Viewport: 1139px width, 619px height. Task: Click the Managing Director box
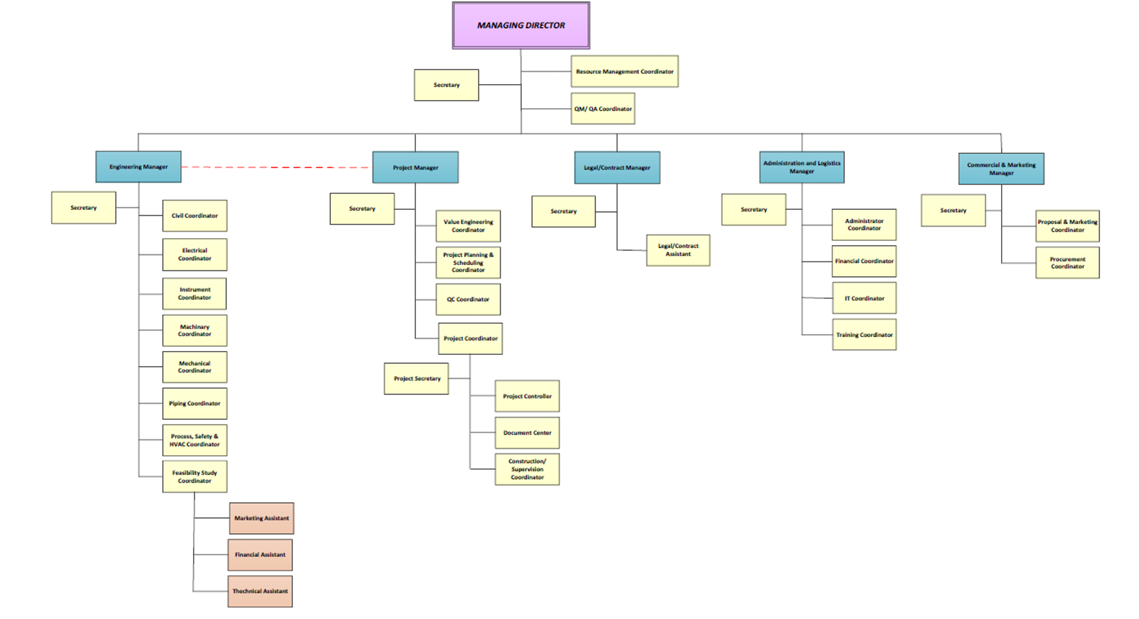point(520,25)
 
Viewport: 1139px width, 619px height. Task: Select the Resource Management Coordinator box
point(624,71)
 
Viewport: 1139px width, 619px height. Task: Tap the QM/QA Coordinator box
point(602,109)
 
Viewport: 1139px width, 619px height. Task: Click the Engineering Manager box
point(139,167)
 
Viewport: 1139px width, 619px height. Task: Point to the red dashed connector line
point(276,167)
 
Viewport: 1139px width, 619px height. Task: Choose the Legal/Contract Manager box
point(617,167)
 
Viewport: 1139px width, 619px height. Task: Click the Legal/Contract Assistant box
point(677,250)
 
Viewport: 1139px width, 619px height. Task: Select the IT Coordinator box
point(864,298)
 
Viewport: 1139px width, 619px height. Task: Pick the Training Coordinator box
point(864,335)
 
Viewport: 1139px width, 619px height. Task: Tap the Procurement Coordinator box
point(1067,262)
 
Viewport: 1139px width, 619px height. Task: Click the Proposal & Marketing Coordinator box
point(1067,225)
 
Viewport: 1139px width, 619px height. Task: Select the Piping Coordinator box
point(194,403)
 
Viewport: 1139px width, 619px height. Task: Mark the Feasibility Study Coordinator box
point(194,476)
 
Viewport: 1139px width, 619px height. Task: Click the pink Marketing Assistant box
point(261,518)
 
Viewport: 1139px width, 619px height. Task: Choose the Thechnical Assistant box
point(259,591)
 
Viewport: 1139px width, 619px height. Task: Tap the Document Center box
point(527,432)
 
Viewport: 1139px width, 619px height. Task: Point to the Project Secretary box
point(416,379)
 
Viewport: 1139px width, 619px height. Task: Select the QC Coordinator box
point(468,299)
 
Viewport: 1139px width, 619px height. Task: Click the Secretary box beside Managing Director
point(446,85)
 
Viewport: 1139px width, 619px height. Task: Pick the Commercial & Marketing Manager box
point(1000,169)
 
